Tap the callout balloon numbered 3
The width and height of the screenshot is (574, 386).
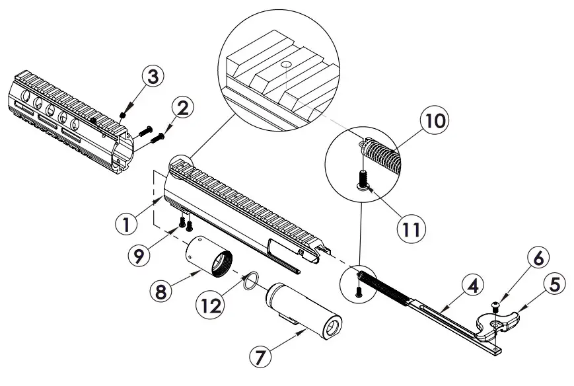tap(153, 77)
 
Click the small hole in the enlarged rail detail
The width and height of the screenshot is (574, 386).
tap(284, 65)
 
